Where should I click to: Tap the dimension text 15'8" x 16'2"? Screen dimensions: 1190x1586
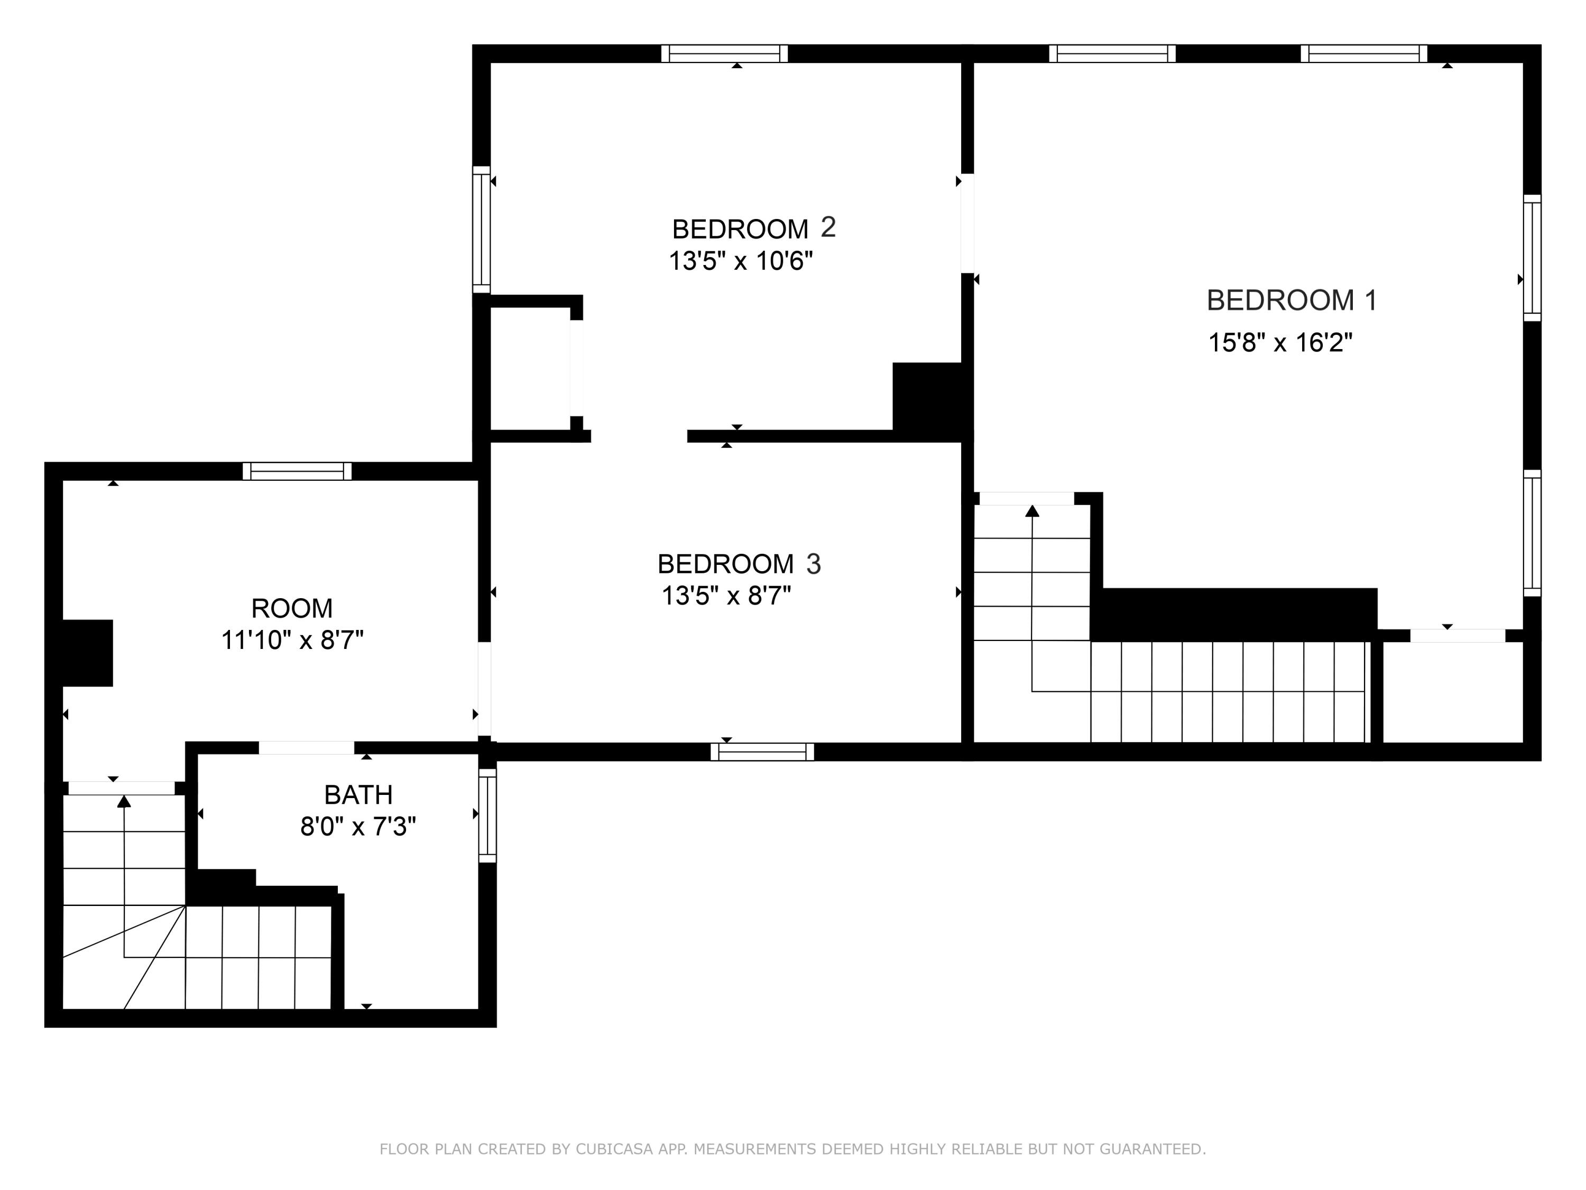coord(1280,342)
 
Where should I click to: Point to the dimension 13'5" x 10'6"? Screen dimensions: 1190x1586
coord(741,260)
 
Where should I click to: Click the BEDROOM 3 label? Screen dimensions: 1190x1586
coord(739,564)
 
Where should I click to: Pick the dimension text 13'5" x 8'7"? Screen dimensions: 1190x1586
coord(726,596)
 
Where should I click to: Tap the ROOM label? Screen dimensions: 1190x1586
coord(292,608)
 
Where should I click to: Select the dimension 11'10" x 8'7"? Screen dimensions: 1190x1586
coord(292,640)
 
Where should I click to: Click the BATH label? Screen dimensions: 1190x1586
coord(358,795)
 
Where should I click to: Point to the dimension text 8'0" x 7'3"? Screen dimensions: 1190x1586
coord(358,827)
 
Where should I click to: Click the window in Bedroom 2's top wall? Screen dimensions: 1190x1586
coord(724,54)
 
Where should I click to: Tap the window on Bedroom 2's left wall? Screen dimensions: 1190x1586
coord(481,230)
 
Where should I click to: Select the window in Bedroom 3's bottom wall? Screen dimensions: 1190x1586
coord(762,752)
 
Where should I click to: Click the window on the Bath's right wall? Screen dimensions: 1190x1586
coord(487,816)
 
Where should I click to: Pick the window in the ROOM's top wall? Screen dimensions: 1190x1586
coord(297,471)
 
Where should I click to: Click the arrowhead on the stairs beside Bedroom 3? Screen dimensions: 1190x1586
coord(1032,511)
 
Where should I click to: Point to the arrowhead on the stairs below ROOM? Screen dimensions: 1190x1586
coord(124,801)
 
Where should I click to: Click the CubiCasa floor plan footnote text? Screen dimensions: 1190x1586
coord(792,1149)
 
